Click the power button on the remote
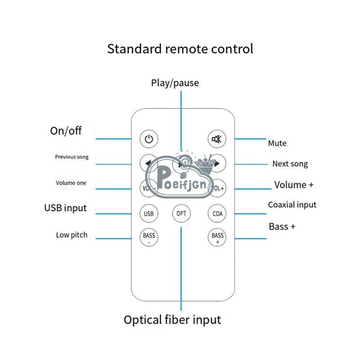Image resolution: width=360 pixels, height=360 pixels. (x=148, y=139)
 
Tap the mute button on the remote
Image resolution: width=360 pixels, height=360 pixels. (x=217, y=139)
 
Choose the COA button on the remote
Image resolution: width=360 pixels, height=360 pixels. (x=217, y=213)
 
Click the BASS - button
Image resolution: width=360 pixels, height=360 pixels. (x=148, y=237)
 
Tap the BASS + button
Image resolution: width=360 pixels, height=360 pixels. (x=217, y=237)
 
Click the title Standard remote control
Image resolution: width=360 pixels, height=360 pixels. (x=180, y=49)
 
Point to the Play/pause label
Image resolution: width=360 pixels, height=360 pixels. (x=175, y=83)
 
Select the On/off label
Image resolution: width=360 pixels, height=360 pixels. (x=66, y=131)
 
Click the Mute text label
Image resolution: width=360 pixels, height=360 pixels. (x=277, y=144)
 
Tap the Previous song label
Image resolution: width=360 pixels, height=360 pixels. (x=72, y=157)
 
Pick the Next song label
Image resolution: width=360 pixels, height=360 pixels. (x=290, y=164)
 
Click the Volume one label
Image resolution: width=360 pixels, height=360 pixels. (x=71, y=183)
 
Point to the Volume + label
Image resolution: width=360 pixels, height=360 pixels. (x=294, y=185)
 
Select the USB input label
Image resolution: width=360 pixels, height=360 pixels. (x=65, y=208)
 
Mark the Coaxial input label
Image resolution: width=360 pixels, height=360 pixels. (x=292, y=205)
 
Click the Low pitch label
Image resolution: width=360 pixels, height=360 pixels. (x=72, y=235)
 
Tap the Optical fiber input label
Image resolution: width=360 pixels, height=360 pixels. (x=172, y=320)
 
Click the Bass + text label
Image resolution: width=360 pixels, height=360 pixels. (x=282, y=226)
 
